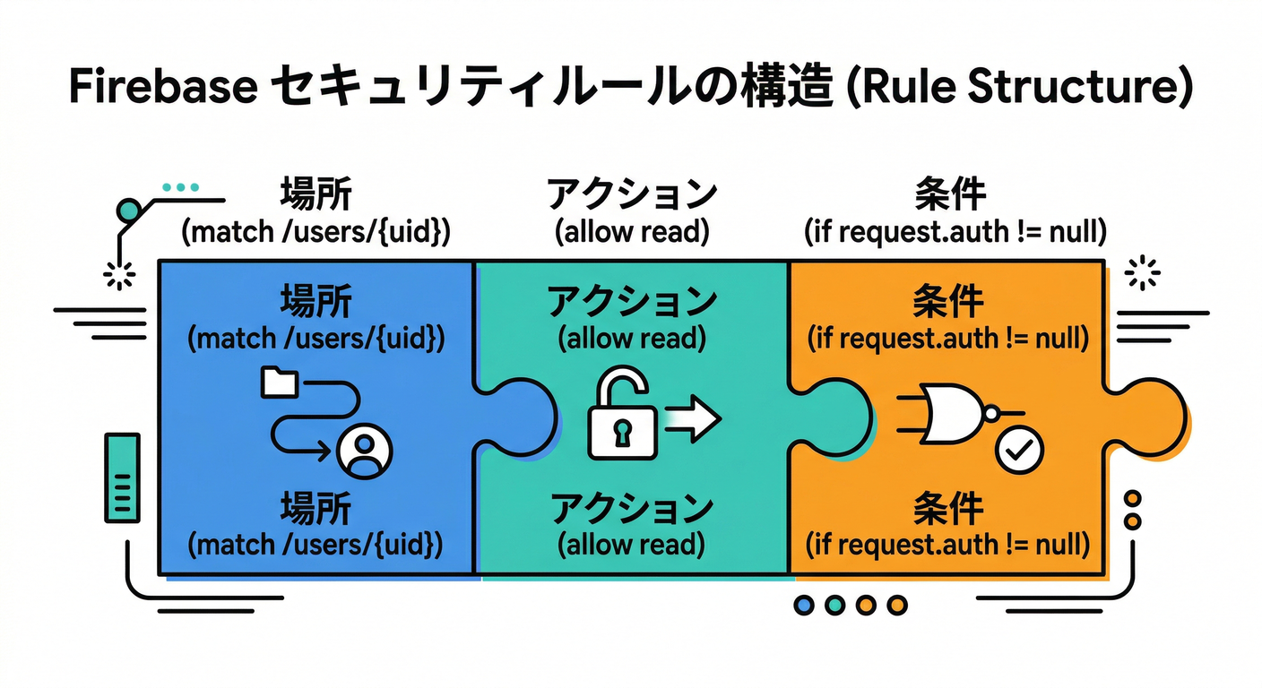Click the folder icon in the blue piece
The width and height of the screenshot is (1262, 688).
tap(279, 382)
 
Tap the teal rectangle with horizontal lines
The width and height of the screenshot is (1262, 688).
tap(123, 477)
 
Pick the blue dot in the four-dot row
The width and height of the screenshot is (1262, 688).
tap(804, 606)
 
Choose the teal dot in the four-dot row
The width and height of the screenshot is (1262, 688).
tap(834, 606)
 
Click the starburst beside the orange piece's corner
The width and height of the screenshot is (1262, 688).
tap(1141, 272)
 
